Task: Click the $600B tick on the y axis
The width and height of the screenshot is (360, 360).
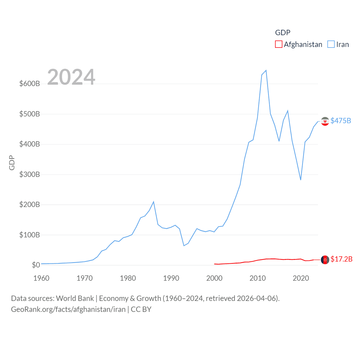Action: point(30,84)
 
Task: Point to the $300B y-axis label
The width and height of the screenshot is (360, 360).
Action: point(30,174)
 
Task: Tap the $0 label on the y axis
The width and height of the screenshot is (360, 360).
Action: point(36,265)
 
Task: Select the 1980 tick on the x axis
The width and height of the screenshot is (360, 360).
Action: point(128,278)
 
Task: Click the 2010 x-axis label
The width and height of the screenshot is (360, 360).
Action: point(257,278)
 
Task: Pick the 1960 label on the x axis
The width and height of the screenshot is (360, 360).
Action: point(41,278)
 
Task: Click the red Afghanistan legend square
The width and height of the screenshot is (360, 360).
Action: point(278,44)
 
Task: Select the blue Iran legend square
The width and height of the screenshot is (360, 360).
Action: point(331,44)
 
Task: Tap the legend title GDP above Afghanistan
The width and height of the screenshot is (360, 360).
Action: point(282,33)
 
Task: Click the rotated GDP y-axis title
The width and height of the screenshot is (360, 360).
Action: point(12,163)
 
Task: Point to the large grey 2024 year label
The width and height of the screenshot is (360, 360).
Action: point(71,77)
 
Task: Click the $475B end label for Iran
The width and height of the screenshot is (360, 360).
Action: point(341,121)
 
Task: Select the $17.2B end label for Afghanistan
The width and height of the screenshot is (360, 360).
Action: point(341,259)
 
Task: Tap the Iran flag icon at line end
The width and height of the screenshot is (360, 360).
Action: point(325,121)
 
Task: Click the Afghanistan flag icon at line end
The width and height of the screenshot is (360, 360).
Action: point(325,260)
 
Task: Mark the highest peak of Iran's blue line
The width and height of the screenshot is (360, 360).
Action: point(266,70)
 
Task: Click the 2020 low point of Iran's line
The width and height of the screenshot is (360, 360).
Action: point(301,180)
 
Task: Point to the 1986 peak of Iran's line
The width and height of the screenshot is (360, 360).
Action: point(154,202)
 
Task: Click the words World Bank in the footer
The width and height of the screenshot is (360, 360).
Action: point(75,298)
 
